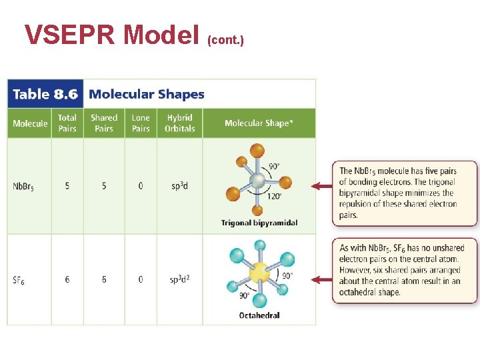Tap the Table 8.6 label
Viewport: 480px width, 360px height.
45,94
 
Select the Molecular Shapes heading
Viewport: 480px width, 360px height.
147,94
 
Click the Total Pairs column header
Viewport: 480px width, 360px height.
67,123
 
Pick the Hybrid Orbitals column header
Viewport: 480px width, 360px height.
180,123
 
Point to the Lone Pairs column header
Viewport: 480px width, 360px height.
141,123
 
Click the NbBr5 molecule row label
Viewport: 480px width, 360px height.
23,187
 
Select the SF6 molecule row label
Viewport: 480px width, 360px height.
19,280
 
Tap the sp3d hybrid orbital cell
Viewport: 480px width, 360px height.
179,186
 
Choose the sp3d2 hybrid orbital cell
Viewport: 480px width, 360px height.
180,279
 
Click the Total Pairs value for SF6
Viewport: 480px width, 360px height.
67,280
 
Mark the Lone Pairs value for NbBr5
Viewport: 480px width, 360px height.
141,186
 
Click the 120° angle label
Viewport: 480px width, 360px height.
275,196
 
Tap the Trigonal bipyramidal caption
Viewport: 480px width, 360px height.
259,223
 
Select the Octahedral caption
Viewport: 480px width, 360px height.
259,315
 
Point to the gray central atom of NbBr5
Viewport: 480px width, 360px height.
257,181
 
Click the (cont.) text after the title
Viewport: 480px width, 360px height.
226,41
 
